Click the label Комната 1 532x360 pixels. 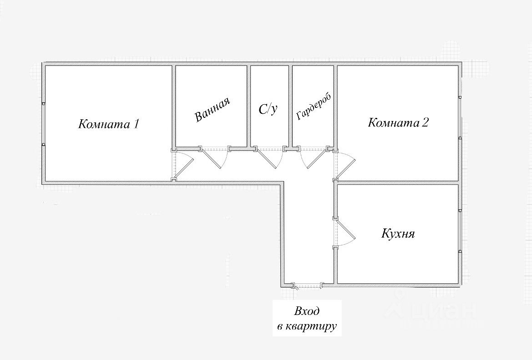[x=108, y=124]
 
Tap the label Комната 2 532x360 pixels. [x=398, y=122]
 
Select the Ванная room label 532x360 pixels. [x=212, y=110]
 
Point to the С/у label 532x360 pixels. [x=268, y=109]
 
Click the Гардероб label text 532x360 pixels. [x=313, y=107]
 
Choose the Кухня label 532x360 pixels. [x=398, y=234]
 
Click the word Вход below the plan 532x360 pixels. [x=307, y=312]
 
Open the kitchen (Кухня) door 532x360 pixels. [x=345, y=233]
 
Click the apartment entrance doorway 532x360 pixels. [x=308, y=286]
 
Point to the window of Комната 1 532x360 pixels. [x=43, y=124]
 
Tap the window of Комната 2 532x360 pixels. [x=460, y=117]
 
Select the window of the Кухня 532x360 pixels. [x=460, y=230]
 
